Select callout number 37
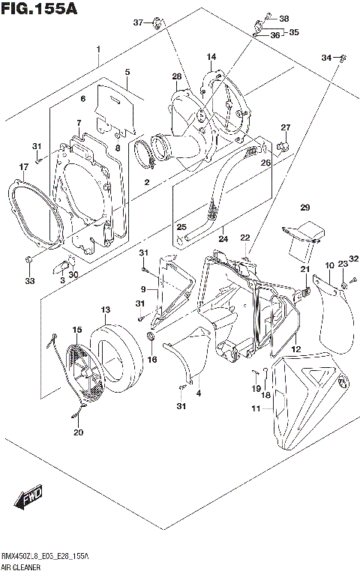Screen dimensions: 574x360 (x=138, y=22)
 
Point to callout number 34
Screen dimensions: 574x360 (x=326, y=58)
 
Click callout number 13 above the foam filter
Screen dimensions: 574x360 (x=105, y=309)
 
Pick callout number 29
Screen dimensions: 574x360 (x=304, y=208)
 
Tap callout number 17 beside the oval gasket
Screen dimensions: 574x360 (x=23, y=167)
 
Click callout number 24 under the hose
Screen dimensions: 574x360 (x=222, y=240)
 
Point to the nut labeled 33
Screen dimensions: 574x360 (x=28, y=260)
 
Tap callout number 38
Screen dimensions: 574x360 (x=283, y=19)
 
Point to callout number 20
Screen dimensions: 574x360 (x=78, y=432)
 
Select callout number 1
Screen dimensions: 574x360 (x=97, y=49)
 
